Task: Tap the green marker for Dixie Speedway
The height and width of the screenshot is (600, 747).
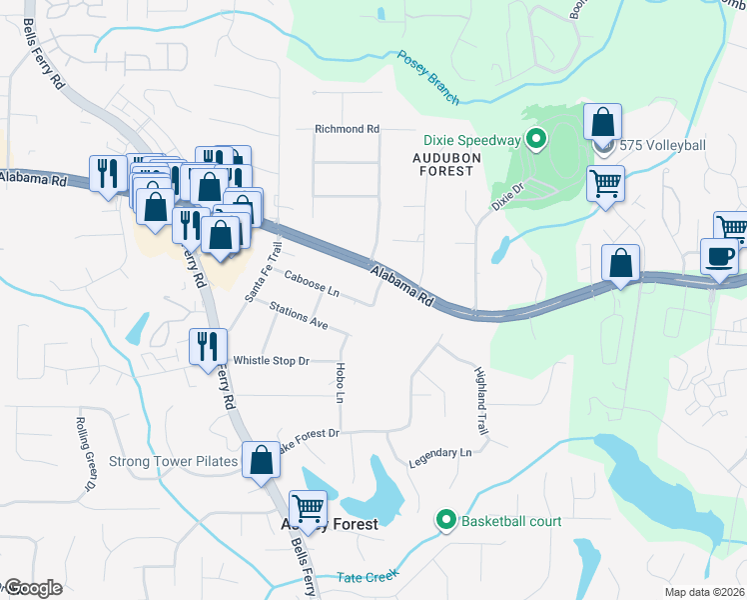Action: click(x=536, y=140)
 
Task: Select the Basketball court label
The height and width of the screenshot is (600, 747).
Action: click(x=509, y=521)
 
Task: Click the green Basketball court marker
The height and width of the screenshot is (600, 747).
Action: click(x=445, y=521)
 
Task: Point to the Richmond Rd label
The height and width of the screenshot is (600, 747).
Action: click(x=347, y=129)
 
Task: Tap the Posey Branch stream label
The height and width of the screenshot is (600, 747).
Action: click(x=428, y=78)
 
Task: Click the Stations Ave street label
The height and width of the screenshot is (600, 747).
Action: click(x=299, y=316)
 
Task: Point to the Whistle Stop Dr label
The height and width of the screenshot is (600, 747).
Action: click(x=272, y=360)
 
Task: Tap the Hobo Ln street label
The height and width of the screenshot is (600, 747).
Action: click(x=341, y=384)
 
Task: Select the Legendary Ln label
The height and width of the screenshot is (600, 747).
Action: click(x=439, y=459)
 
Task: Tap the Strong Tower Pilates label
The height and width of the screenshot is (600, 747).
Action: click(x=173, y=461)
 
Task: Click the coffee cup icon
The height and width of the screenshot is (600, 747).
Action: click(x=719, y=257)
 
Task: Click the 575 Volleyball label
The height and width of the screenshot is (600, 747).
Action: click(x=662, y=146)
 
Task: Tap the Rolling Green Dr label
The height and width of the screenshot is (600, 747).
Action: click(x=85, y=453)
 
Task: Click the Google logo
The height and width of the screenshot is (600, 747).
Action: click(x=34, y=588)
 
